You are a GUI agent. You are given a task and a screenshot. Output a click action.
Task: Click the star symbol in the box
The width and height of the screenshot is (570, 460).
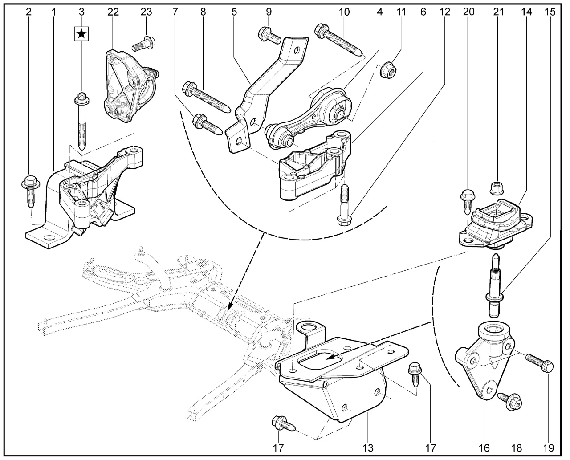click(x=81, y=33)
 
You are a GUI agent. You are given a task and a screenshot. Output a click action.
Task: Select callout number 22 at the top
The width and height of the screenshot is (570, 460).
click(x=113, y=12)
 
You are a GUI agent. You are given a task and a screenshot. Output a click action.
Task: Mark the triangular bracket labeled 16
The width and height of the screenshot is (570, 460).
click(x=483, y=361)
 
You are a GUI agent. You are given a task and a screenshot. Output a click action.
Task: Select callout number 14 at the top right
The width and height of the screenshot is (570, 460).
click(x=527, y=12)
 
